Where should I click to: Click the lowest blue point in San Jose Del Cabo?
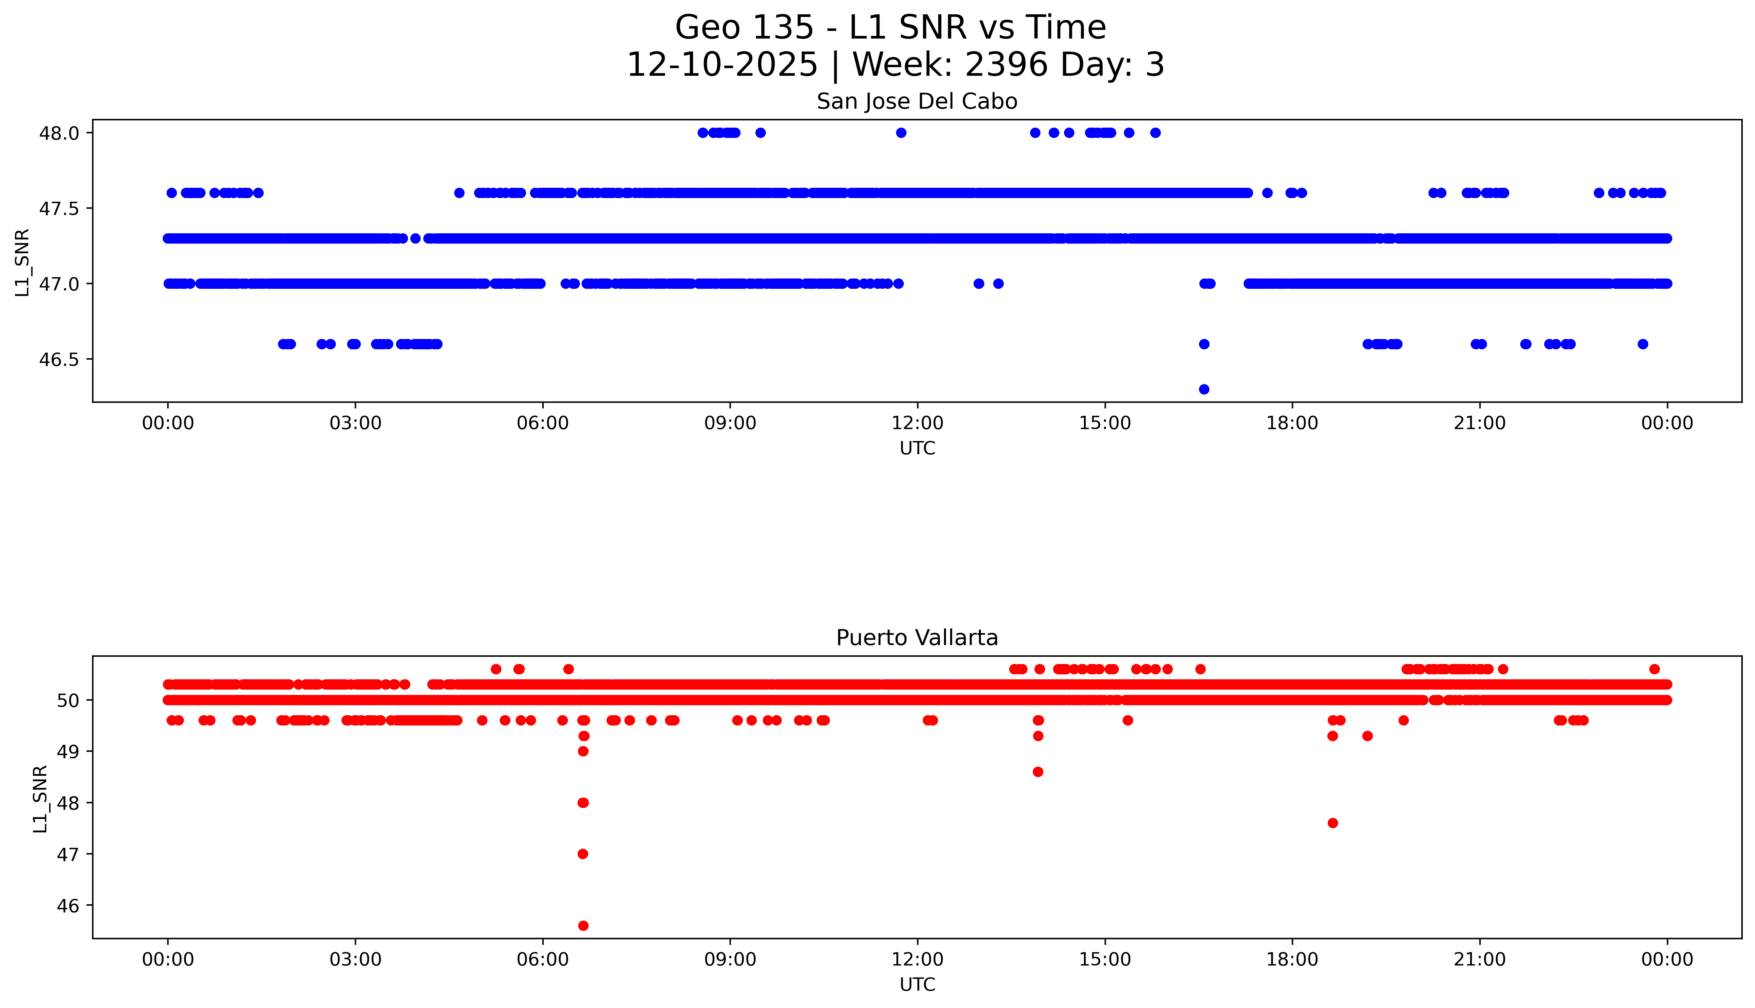[x=1204, y=389]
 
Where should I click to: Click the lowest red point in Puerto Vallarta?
[x=583, y=926]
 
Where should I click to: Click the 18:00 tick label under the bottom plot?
[x=1292, y=959]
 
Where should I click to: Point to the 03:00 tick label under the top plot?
[x=355, y=423]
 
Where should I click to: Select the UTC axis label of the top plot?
[x=917, y=449]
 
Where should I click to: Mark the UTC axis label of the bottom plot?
[x=917, y=984]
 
